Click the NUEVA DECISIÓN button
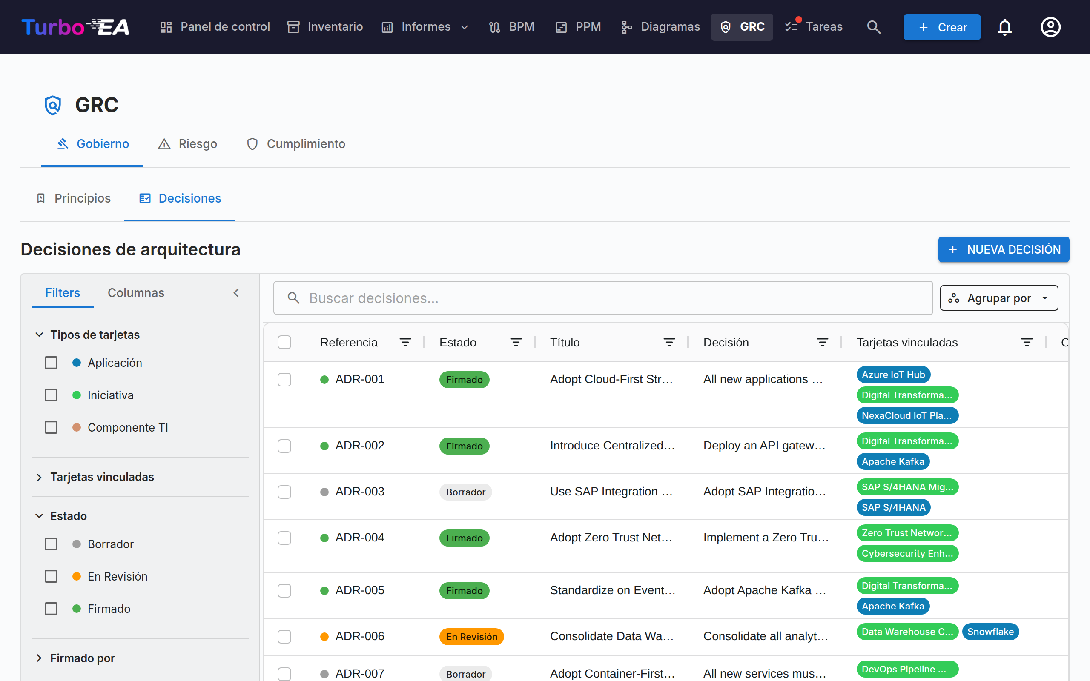pyautogui.click(x=1004, y=249)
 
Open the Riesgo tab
pyautogui.click(x=187, y=144)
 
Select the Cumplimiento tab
pyautogui.click(x=296, y=144)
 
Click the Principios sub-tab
pyautogui.click(x=73, y=198)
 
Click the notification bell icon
pyautogui.click(x=1004, y=27)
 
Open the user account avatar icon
pyautogui.click(x=1050, y=27)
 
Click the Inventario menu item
pyautogui.click(x=325, y=26)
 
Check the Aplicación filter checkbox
pyautogui.click(x=52, y=363)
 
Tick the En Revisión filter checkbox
pyautogui.click(x=52, y=576)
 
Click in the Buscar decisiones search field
pyautogui.click(x=602, y=298)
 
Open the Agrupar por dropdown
pyautogui.click(x=999, y=298)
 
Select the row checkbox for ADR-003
pyautogui.click(x=284, y=492)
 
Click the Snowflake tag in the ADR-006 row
pyautogui.click(x=990, y=632)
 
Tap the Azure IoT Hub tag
pyautogui.click(x=893, y=375)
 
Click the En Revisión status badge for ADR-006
pyautogui.click(x=472, y=636)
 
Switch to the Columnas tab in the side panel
pyautogui.click(x=136, y=293)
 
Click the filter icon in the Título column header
pyautogui.click(x=669, y=342)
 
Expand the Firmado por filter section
pyautogui.click(x=83, y=658)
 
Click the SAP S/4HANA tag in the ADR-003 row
pyautogui.click(x=893, y=508)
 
